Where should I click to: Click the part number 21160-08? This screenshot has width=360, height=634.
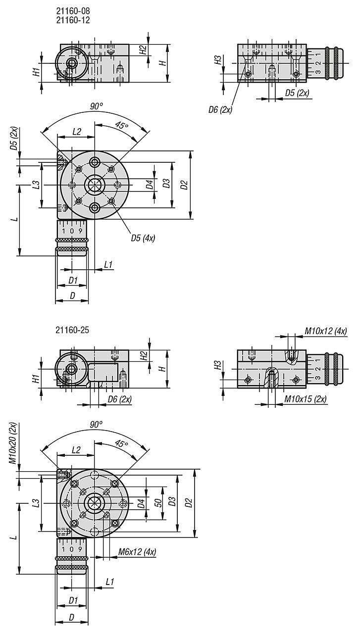tap(73, 11)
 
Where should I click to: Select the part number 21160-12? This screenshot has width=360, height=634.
tap(73, 20)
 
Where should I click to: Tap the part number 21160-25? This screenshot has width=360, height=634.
tap(72, 330)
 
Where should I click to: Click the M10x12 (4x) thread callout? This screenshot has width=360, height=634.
tap(326, 331)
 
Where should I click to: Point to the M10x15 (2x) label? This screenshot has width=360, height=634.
tap(306, 399)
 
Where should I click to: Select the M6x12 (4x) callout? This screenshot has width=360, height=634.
tap(137, 552)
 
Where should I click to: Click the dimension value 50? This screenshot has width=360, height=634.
tap(158, 503)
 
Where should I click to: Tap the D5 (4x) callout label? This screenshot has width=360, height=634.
tap(143, 238)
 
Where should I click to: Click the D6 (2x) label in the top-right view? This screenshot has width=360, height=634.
tap(220, 110)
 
